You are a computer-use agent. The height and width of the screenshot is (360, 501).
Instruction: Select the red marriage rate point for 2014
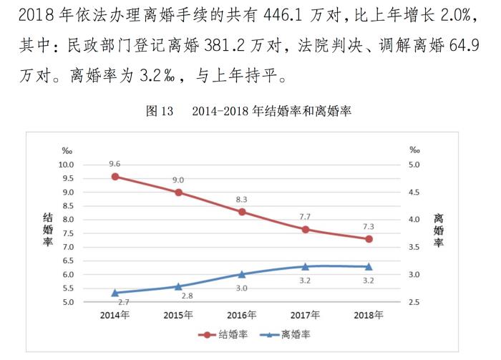point(115,176)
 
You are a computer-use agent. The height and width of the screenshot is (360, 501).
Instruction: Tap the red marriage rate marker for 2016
point(242,212)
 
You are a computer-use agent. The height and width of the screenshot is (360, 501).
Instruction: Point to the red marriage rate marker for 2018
point(369,239)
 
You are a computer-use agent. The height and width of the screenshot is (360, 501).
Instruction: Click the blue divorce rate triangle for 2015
point(178,286)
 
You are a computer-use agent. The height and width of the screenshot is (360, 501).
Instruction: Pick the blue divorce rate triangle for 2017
point(305,266)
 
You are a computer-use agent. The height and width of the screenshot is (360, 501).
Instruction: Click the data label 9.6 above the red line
point(115,163)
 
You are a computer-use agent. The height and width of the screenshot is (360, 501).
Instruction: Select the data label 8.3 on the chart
point(242,199)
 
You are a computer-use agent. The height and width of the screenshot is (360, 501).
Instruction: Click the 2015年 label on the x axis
point(178,315)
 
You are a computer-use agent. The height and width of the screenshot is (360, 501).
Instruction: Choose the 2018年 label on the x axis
point(369,315)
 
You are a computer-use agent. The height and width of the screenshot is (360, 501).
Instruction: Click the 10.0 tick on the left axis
point(67,165)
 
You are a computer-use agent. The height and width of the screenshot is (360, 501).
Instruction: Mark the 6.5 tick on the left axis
point(68,248)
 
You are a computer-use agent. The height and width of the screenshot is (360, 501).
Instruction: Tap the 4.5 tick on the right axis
point(415,193)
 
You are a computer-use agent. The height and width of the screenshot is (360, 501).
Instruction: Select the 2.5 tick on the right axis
point(415,303)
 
